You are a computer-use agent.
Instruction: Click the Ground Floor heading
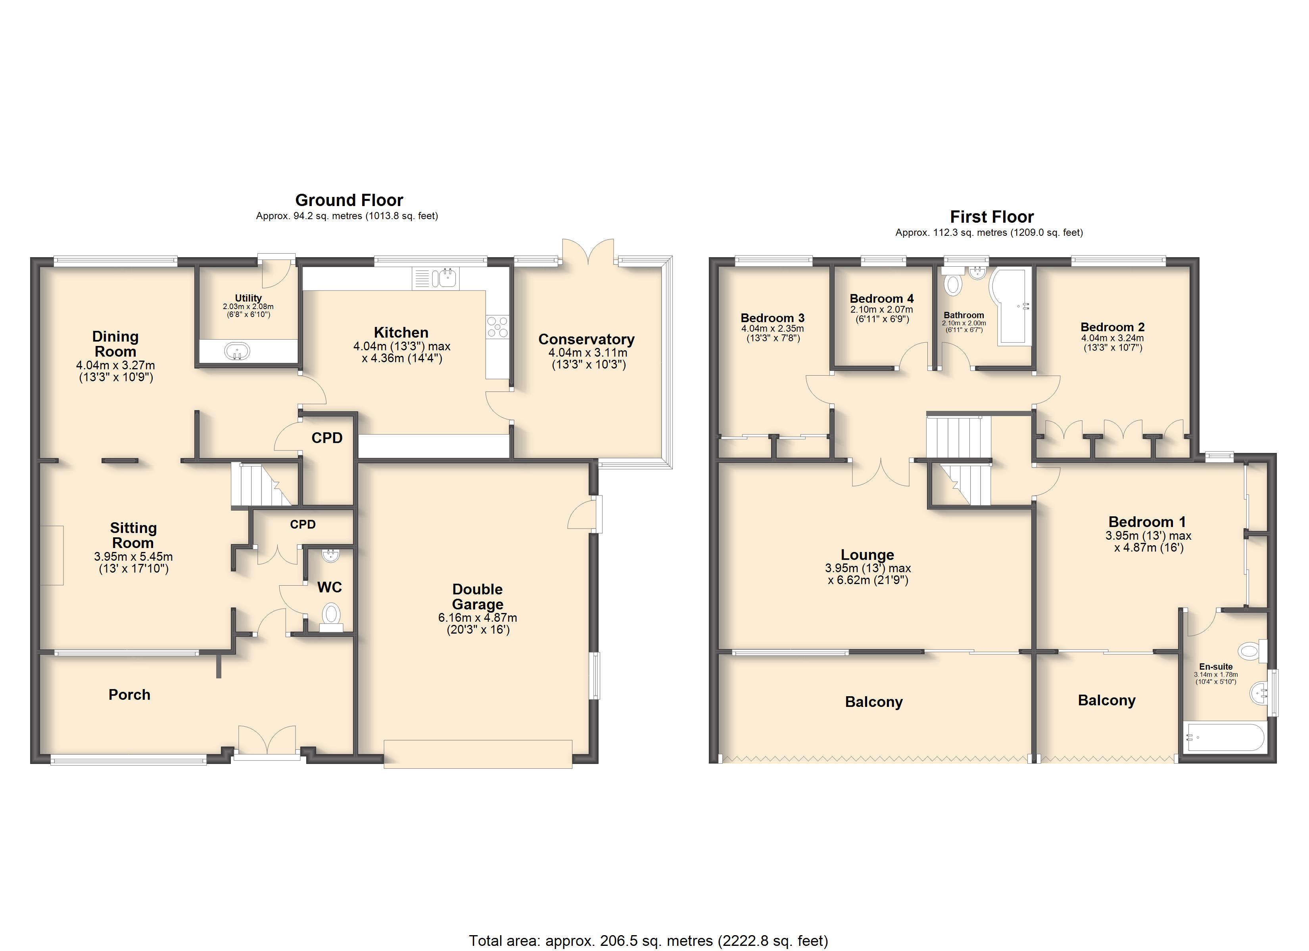click(x=349, y=200)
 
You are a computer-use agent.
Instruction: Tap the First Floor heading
click(x=992, y=217)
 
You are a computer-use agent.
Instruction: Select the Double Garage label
click(x=477, y=596)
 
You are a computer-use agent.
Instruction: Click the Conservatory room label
click(x=586, y=339)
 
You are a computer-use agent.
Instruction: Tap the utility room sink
click(x=237, y=351)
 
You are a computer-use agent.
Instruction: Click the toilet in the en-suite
click(x=1252, y=651)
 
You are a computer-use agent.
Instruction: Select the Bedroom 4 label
click(x=881, y=298)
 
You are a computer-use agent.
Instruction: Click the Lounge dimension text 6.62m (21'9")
click(x=868, y=580)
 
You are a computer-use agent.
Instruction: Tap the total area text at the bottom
click(x=648, y=941)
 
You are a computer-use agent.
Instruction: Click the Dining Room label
click(x=115, y=344)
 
